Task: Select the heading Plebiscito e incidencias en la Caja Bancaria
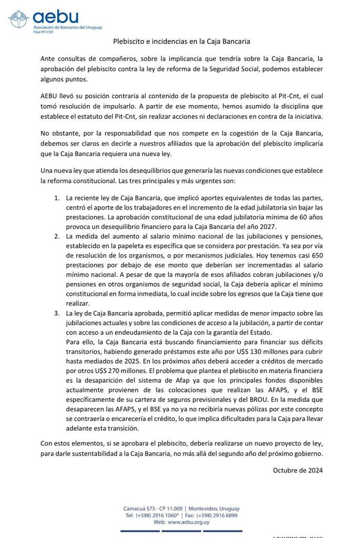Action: pyautogui.click(x=182, y=40)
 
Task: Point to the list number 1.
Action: pyautogui.click(x=57, y=198)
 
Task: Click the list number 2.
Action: pyautogui.click(x=57, y=236)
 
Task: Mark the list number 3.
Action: pyautogui.click(x=57, y=313)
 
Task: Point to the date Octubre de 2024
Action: pyautogui.click(x=298, y=470)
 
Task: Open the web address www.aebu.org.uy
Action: pyautogui.click(x=188, y=522)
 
